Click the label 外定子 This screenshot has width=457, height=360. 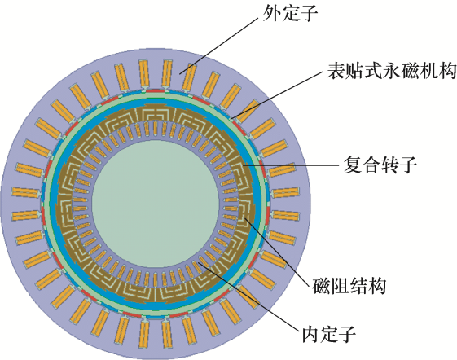pyautogui.click(x=290, y=13)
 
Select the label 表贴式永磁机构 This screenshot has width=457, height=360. pyautogui.click(x=391, y=71)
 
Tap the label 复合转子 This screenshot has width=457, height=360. pyautogui.click(x=380, y=165)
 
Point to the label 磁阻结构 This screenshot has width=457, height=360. pyautogui.click(x=349, y=286)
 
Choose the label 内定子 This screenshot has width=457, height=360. pyautogui.click(x=329, y=335)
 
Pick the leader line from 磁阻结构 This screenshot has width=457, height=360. pyautogui.click(x=276, y=252)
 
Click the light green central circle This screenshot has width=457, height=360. pyautogui.click(x=156, y=204)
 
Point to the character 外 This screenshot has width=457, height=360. pyautogui.click(x=271, y=13)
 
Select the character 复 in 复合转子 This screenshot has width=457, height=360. pyautogui.click(x=353, y=165)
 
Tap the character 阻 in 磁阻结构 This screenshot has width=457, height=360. pyautogui.click(x=341, y=286)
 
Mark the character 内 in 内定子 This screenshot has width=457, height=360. pyautogui.click(x=310, y=335)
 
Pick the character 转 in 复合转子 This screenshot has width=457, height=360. pyautogui.click(x=389, y=165)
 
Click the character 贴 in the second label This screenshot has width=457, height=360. pyautogui.click(x=354, y=71)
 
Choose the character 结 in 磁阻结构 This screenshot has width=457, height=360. pyautogui.click(x=358, y=286)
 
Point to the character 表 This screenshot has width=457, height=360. pyautogui.click(x=335, y=71)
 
